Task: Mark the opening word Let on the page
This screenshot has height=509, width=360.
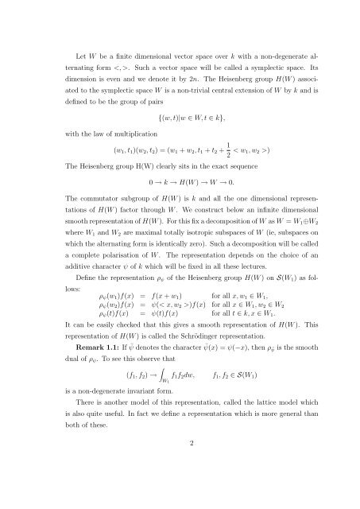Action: point(74,37)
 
